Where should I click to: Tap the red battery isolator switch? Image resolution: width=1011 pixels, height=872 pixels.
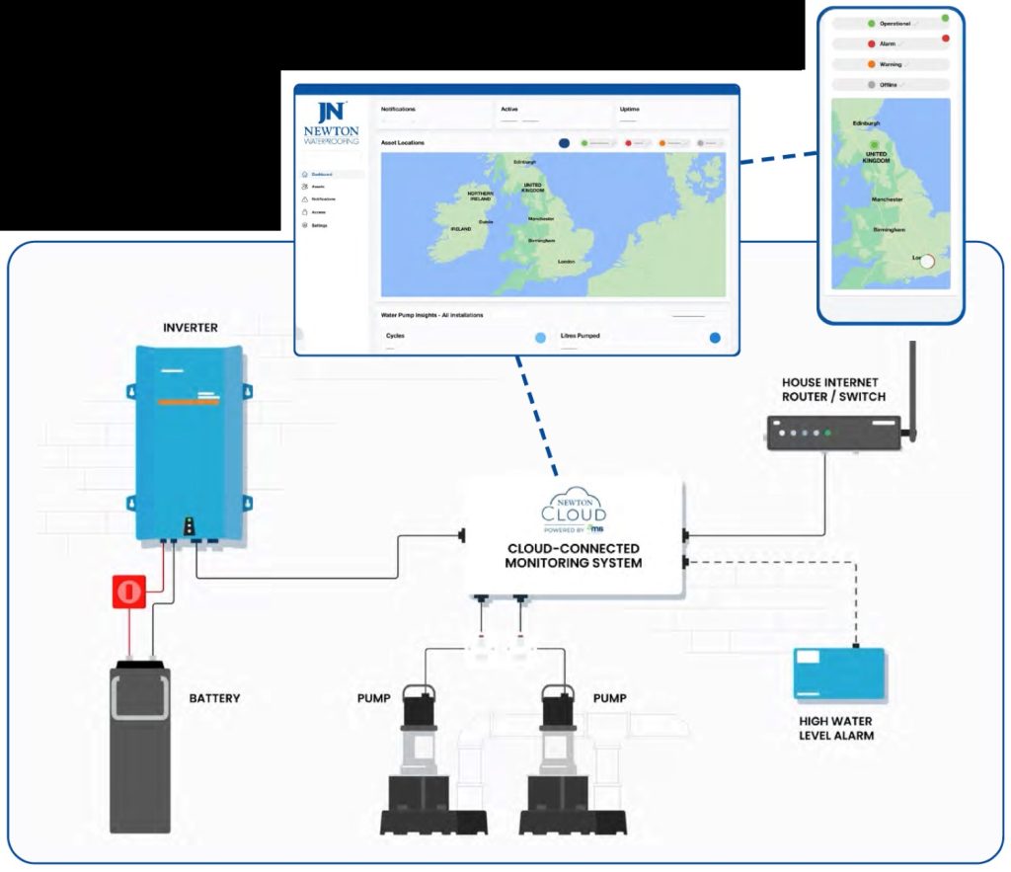click(128, 592)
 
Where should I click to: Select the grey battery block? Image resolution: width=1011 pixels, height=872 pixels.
click(139, 746)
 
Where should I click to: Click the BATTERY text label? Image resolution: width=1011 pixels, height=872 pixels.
click(214, 698)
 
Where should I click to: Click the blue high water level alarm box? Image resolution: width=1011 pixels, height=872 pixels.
click(838, 674)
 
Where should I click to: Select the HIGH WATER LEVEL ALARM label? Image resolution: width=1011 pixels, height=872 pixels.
click(836, 728)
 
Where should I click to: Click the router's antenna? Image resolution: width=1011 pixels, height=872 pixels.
click(911, 390)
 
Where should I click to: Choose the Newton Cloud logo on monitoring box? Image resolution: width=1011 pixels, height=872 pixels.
click(574, 507)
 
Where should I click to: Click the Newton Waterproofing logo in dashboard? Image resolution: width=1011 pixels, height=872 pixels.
click(332, 124)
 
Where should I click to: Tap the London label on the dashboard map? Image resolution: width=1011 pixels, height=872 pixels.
click(567, 262)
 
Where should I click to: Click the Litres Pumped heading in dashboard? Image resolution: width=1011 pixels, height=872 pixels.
click(580, 336)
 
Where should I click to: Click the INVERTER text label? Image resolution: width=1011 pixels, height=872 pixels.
click(192, 326)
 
